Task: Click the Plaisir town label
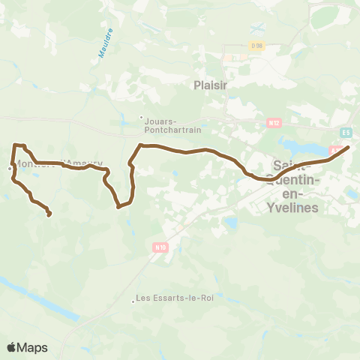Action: point(210,85)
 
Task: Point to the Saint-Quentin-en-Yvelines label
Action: point(297,186)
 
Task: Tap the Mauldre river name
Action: point(106,43)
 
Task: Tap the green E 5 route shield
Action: point(345,133)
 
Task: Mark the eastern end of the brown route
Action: point(349,148)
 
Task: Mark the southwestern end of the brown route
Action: point(49,215)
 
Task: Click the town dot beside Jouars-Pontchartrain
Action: point(141,116)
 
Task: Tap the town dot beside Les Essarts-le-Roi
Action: point(133,302)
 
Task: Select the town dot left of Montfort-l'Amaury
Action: point(10,168)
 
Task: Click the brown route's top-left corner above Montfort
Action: point(14,145)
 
